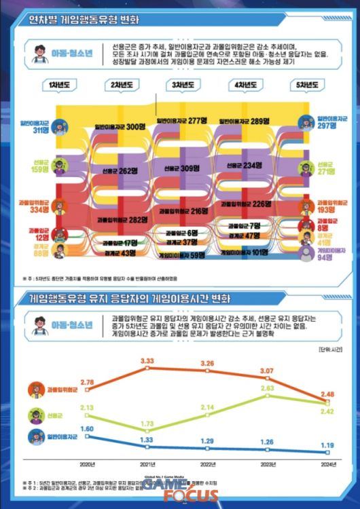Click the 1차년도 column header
pyautogui.click(x=62, y=86)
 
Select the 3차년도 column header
pyautogui.click(x=184, y=86)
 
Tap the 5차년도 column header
pyautogui.click(x=306, y=86)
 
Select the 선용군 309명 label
pyautogui.click(x=183, y=168)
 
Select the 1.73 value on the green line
pyautogui.click(x=146, y=423)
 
